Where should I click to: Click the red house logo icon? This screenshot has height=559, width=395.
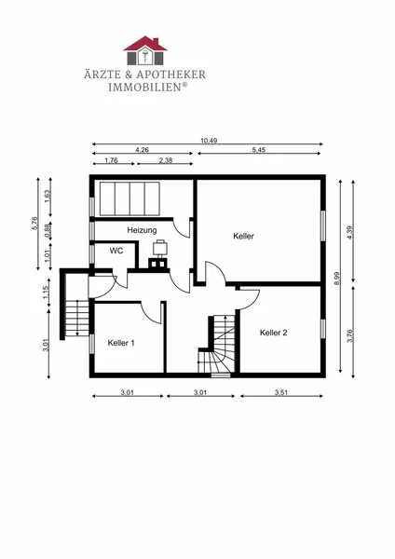click(x=145, y=50)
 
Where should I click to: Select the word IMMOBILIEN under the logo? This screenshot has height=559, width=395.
click(x=145, y=88)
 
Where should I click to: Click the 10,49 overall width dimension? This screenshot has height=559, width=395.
click(x=209, y=141)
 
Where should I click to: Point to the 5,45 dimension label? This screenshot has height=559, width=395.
click(x=259, y=150)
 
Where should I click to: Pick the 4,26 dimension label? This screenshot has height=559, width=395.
click(x=142, y=150)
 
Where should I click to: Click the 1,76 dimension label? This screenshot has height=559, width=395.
click(x=111, y=160)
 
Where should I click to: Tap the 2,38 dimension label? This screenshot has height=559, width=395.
click(x=166, y=160)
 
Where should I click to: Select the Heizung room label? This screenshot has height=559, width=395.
click(x=142, y=230)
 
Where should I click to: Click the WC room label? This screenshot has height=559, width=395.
click(x=116, y=251)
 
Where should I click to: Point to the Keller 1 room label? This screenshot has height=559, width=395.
click(x=121, y=343)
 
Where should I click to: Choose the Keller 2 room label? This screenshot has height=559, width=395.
click(x=274, y=333)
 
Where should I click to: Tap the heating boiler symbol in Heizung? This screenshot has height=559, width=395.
click(x=159, y=253)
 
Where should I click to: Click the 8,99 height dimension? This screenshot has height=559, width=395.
click(x=337, y=279)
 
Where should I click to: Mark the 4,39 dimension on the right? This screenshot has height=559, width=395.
click(x=349, y=233)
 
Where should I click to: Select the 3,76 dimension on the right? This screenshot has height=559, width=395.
click(x=349, y=335)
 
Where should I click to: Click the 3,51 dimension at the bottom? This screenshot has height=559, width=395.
click(x=281, y=393)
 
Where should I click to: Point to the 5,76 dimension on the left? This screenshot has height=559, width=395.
click(x=34, y=224)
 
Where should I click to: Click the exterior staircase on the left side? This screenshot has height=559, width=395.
click(x=77, y=318)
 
